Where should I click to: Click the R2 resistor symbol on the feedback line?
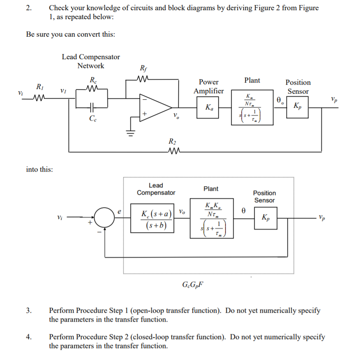click(x=172, y=151)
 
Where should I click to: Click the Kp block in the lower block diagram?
click(x=265, y=218)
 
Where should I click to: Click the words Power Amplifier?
click(x=208, y=86)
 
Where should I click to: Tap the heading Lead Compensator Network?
click(x=91, y=61)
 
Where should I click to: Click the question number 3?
click(x=29, y=311)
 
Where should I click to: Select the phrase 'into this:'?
click(x=40, y=169)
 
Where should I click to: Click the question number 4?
click(x=29, y=337)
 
